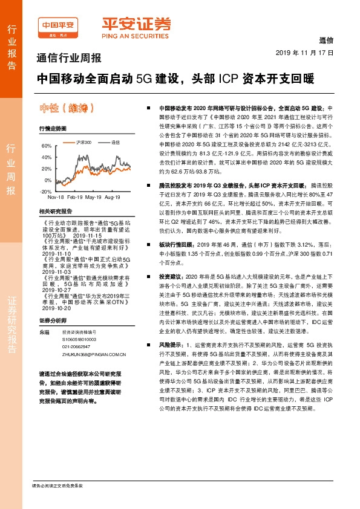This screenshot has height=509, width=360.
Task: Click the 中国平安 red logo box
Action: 58,26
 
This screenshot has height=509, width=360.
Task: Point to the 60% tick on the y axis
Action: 47,146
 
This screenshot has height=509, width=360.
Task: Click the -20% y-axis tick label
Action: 45,191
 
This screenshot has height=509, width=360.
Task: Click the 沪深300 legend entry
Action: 85,142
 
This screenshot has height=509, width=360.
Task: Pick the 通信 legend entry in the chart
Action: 116,142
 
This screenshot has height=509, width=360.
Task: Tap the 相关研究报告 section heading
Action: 55,211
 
